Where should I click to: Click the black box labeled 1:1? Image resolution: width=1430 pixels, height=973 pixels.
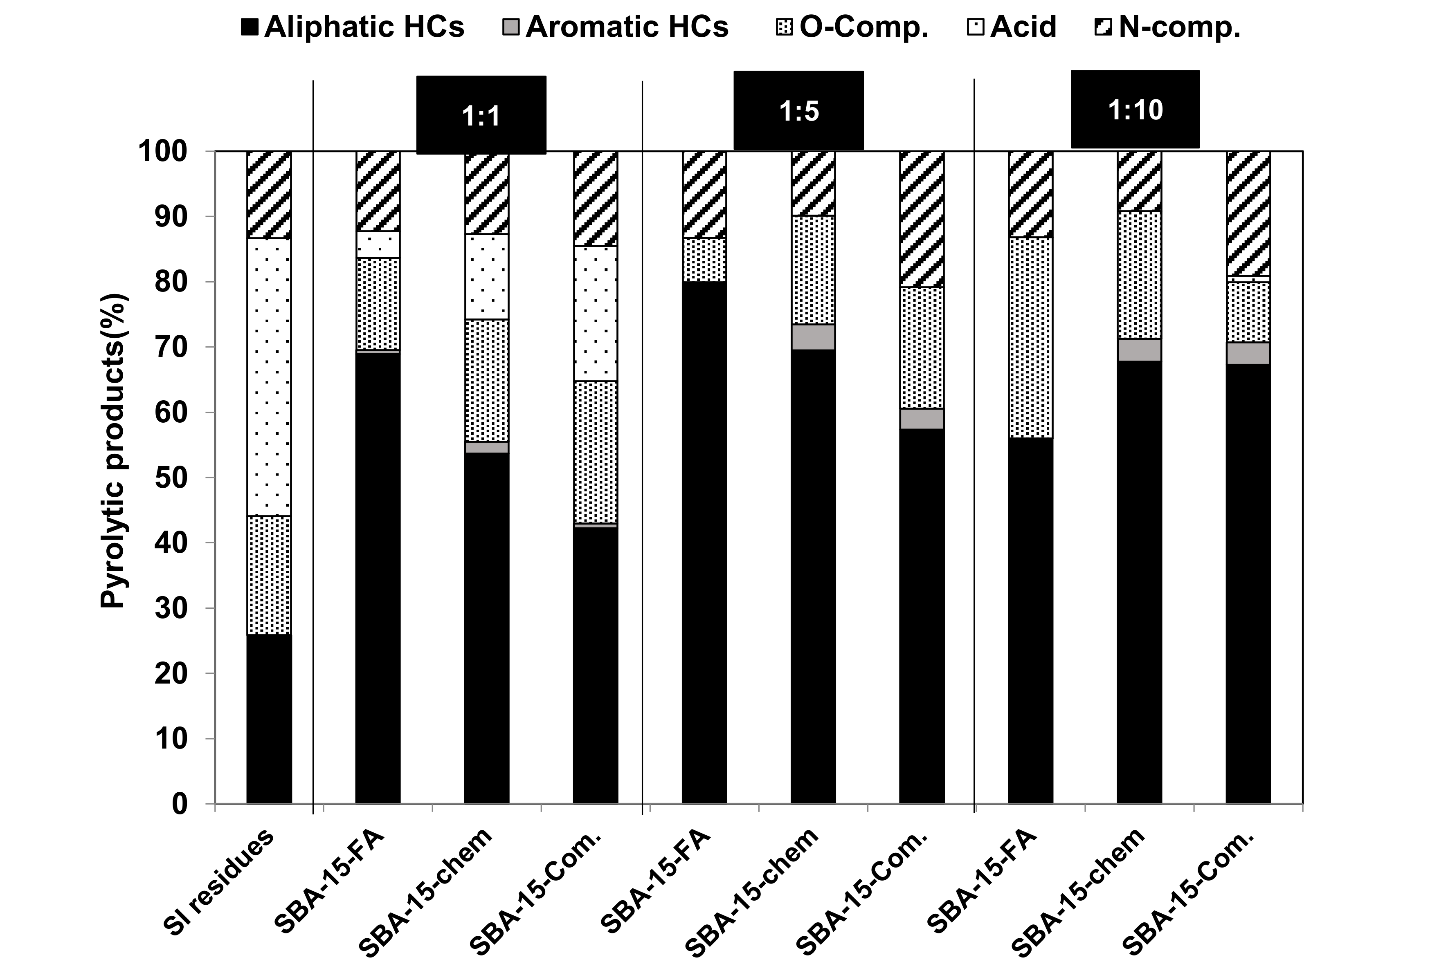click(481, 115)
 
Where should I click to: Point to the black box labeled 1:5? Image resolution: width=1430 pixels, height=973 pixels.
click(799, 111)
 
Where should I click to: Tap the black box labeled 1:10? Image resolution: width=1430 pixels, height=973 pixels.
click(1135, 110)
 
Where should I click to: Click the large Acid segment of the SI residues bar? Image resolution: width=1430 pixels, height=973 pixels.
click(269, 377)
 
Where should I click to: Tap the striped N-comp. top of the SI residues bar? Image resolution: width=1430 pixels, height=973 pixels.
click(269, 194)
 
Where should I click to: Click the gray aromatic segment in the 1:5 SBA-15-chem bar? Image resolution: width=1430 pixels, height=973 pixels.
click(813, 337)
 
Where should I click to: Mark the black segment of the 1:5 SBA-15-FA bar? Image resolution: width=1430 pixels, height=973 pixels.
click(704, 541)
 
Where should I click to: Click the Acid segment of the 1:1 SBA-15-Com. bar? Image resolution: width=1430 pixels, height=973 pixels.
click(596, 314)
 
